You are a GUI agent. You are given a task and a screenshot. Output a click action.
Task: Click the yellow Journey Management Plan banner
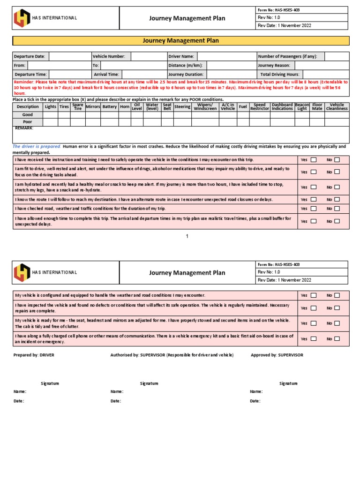pyautogui.click(x=180, y=41)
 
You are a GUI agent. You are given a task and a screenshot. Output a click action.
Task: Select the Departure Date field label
pyautogui.click(x=30, y=56)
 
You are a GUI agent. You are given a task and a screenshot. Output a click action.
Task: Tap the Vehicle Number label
pyautogui.click(x=109, y=56)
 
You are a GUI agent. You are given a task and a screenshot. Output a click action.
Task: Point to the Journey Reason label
pyautogui.click(x=274, y=66)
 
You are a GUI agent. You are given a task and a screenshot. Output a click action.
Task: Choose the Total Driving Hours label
pyautogui.click(x=279, y=75)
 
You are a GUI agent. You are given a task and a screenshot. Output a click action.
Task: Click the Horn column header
pyautogui.click(x=125, y=107)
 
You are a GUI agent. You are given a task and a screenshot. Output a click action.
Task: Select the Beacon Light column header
pyautogui.click(x=302, y=107)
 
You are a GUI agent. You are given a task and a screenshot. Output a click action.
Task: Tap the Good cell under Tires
pyautogui.click(x=64, y=114)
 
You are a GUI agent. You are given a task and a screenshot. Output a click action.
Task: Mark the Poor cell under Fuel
pyautogui.click(x=243, y=122)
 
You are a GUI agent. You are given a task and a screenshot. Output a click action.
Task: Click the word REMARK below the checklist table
pyautogui.click(x=24, y=128)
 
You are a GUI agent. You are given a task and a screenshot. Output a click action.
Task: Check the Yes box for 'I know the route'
pyautogui.click(x=314, y=200)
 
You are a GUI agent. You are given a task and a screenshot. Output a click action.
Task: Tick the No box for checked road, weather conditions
pyautogui.click(x=337, y=209)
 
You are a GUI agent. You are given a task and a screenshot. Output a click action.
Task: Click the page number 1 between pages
pyautogui.click(x=187, y=236)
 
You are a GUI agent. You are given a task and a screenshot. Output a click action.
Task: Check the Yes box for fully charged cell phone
pyautogui.click(x=314, y=339)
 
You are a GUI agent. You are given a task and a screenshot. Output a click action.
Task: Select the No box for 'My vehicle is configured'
pyautogui.click(x=337, y=295)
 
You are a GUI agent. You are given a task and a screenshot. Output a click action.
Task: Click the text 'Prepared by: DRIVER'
pyautogui.click(x=34, y=355)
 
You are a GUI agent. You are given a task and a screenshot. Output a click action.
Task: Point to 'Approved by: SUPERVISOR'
pyautogui.click(x=277, y=355)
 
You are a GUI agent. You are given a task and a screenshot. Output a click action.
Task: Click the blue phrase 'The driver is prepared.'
pyautogui.click(x=37, y=147)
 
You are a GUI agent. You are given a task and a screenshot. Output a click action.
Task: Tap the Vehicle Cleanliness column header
pyautogui.click(x=337, y=107)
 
